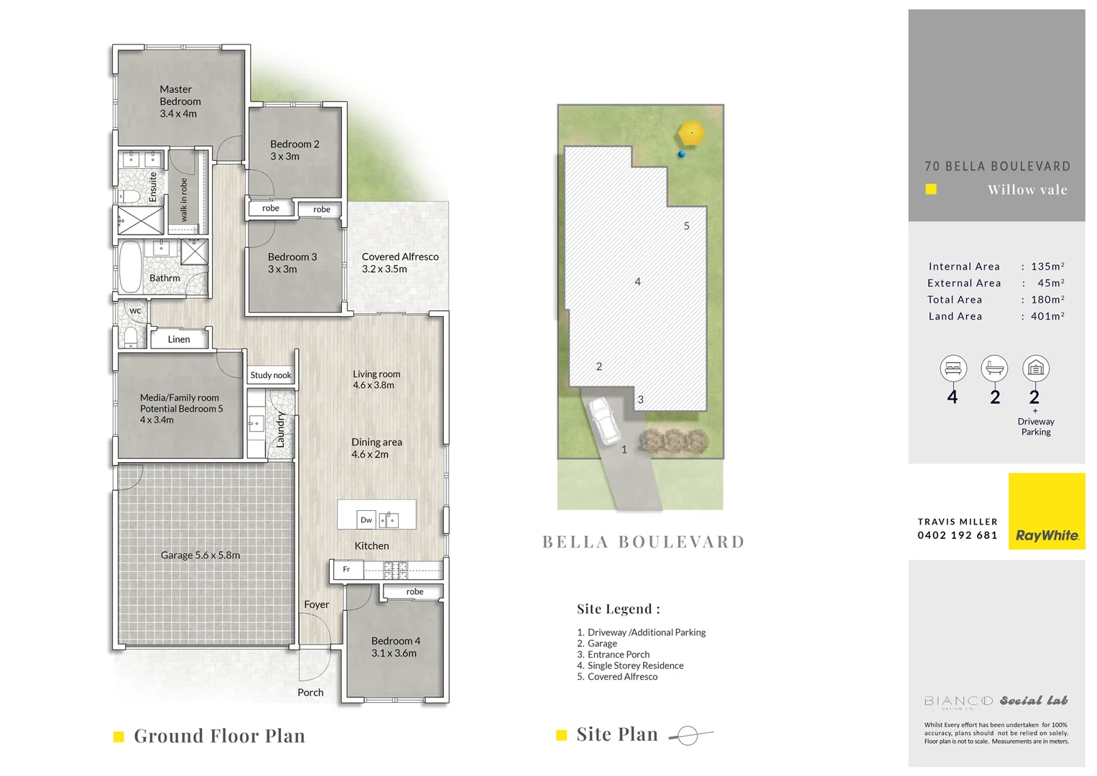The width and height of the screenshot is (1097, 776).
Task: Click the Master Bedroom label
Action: [179, 101]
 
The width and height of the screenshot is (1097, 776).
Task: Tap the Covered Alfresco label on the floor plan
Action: [399, 262]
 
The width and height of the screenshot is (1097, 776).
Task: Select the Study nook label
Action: [271, 375]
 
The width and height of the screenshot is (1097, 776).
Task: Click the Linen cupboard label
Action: [179, 339]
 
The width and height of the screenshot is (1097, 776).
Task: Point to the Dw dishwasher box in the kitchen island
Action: [366, 519]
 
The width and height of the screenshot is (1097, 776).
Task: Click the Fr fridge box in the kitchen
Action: [347, 569]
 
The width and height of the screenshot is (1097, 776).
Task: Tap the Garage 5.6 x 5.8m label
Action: [200, 555]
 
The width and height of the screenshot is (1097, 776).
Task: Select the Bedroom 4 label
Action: [394, 647]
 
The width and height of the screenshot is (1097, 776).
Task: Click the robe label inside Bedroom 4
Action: [415, 592]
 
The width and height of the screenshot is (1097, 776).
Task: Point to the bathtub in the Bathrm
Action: [130, 267]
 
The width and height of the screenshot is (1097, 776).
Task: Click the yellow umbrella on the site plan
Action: [691, 133]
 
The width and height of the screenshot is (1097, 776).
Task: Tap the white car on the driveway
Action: [605, 421]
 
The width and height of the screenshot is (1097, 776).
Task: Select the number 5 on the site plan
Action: [687, 226]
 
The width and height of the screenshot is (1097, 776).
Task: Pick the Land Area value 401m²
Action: [1047, 316]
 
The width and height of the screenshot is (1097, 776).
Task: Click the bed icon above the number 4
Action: [953, 369]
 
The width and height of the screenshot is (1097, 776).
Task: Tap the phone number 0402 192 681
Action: [957, 535]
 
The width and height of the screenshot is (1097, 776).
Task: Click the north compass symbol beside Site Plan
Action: [688, 735]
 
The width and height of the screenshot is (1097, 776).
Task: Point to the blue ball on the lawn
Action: [682, 154]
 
